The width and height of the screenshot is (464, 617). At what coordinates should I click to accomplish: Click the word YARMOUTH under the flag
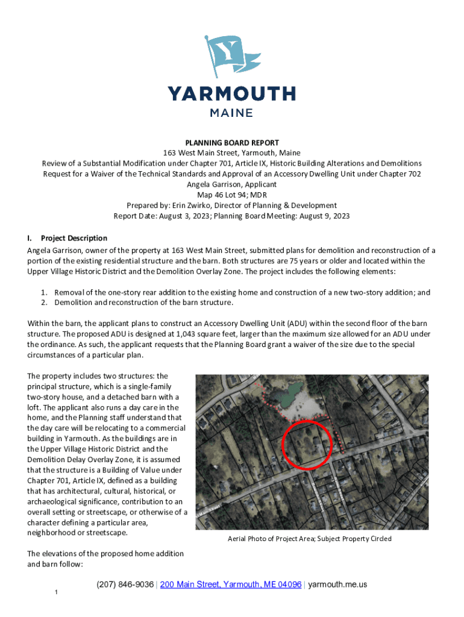pyautogui.click(x=231, y=94)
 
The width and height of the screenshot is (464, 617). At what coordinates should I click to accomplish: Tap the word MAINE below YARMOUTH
pyautogui.click(x=231, y=112)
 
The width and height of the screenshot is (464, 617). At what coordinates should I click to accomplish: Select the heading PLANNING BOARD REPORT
pyautogui.click(x=231, y=143)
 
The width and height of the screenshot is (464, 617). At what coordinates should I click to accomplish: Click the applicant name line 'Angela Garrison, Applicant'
pyautogui.click(x=231, y=184)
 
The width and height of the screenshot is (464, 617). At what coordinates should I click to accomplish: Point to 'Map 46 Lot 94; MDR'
pyautogui.click(x=231, y=195)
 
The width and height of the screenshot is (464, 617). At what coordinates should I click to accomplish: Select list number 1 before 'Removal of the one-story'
pyautogui.click(x=44, y=292)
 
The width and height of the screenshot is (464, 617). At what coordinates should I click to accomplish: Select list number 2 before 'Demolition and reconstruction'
pyautogui.click(x=44, y=302)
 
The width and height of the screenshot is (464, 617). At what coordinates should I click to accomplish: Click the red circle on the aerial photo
pyautogui.click(x=307, y=445)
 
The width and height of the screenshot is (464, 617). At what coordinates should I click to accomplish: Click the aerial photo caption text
pyautogui.click(x=309, y=539)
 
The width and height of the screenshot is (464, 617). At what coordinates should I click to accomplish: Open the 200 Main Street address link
pyautogui.click(x=231, y=584)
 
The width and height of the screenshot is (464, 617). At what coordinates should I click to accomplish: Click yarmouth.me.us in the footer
pyautogui.click(x=337, y=584)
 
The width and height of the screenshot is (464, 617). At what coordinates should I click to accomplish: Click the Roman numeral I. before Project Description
pyautogui.click(x=30, y=238)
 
